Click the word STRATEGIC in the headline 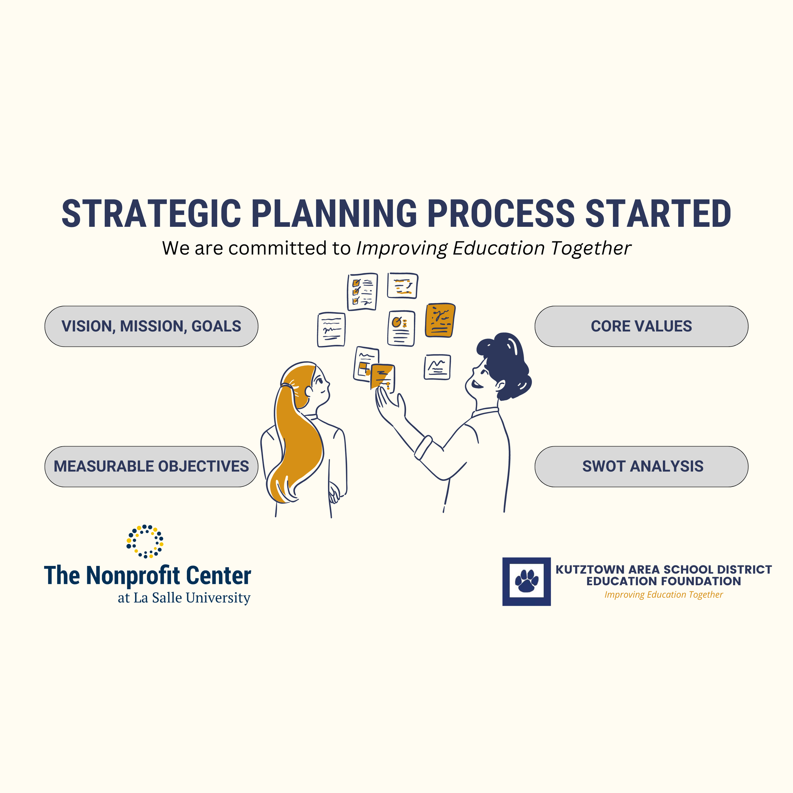click(x=151, y=213)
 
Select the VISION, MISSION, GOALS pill click(x=151, y=326)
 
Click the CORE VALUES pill click(x=641, y=326)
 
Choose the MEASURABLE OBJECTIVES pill click(x=151, y=467)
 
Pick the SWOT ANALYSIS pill click(x=641, y=467)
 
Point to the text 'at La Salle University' click(x=184, y=598)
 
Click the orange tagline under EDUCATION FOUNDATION click(x=663, y=595)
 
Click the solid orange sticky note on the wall click(x=440, y=320)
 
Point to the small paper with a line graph click(x=437, y=367)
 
